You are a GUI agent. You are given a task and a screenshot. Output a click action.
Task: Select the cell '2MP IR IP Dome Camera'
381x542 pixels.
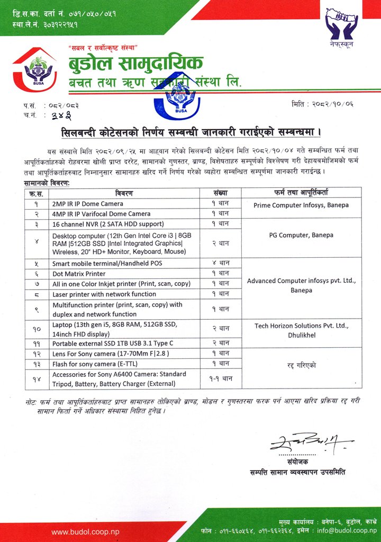pos(88,204)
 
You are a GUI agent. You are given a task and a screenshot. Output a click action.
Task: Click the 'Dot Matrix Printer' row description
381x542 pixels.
pos(79,274)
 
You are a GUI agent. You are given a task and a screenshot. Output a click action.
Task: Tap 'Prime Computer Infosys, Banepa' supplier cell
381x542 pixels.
pos(301,205)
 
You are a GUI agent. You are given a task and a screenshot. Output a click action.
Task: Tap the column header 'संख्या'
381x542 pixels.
pos(220,193)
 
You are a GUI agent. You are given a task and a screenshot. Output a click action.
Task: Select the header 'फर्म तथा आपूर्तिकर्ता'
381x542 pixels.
pos(301,193)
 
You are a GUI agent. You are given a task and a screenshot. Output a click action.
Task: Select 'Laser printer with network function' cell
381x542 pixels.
pos(104,294)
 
